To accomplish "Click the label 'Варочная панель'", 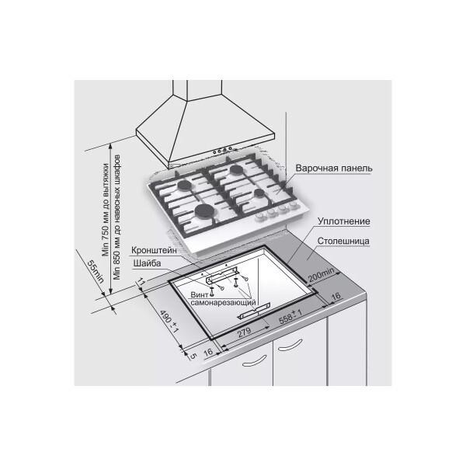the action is [x=333, y=169].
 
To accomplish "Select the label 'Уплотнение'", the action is [x=343, y=221].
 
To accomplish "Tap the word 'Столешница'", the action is [x=343, y=241].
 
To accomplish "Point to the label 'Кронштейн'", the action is [x=154, y=250].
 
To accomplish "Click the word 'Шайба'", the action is [x=147, y=263].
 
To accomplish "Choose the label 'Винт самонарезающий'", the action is [x=223, y=298].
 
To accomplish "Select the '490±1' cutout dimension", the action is [x=169, y=322].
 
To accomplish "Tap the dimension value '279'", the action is [x=244, y=332].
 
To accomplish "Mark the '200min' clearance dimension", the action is [x=322, y=275].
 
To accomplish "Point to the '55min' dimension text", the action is [x=96, y=272].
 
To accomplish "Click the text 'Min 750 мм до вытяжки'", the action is [x=106, y=210].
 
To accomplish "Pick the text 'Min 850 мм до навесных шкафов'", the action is [x=117, y=217].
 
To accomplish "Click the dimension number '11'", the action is [x=141, y=281].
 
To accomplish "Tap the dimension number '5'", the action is [x=193, y=356].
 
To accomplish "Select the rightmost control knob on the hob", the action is [x=294, y=205].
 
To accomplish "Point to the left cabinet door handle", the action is [x=254, y=360].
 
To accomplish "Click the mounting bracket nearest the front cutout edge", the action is [x=254, y=311].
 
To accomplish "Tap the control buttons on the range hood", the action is [x=222, y=150].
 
